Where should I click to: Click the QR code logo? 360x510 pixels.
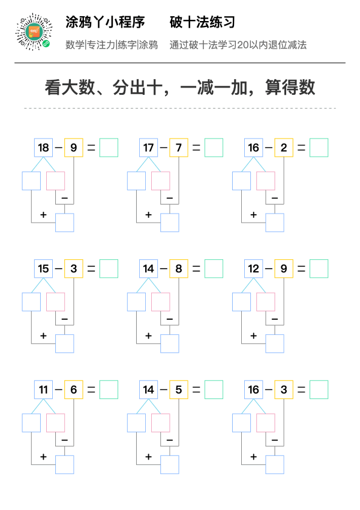coord(34,32)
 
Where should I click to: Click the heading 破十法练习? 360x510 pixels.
coord(202,22)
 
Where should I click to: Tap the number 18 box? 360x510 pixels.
coord(44,148)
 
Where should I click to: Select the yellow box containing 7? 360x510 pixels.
coord(179,148)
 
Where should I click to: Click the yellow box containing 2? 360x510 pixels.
coord(284,148)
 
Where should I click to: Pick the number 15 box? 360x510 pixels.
coord(44,269)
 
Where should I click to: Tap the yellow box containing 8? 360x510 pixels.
coord(179,269)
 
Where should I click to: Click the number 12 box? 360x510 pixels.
coord(254,269)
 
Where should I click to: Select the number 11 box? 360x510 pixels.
coord(44,389)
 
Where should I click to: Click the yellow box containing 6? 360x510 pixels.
coord(73,389)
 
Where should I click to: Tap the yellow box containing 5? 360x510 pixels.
coord(179,389)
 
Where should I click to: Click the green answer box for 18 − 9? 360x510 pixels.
coord(109,148)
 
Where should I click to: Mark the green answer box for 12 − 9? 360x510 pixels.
coord(319,269)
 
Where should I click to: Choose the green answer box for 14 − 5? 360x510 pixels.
coord(214,389)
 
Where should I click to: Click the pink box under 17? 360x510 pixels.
coord(161,181)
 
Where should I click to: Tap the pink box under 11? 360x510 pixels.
coord(56,423)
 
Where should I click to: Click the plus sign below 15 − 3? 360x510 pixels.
coord(43,335)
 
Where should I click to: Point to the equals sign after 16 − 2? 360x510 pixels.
coord(301,148)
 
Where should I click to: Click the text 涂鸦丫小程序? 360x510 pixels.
coord(105,22)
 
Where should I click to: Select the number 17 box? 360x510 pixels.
coord(149,148)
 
